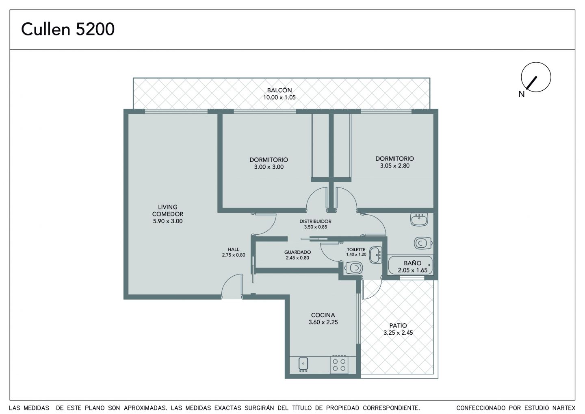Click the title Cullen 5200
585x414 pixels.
(x=68, y=29)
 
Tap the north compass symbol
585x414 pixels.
(x=535, y=77)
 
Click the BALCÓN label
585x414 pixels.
(x=279, y=90)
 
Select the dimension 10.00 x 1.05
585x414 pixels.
(x=279, y=98)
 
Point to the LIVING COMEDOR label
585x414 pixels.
(x=168, y=210)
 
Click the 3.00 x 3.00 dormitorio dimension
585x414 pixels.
(x=269, y=167)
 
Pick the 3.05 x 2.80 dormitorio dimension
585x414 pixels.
(x=394, y=166)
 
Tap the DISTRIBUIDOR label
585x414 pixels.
(x=316, y=221)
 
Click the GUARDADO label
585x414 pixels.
(x=297, y=252)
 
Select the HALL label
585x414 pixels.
(x=233, y=249)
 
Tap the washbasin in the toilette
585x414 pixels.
(x=376, y=255)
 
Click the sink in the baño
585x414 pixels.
(x=419, y=219)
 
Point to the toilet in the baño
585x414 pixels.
(x=422, y=243)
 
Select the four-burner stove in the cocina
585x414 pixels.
(x=339, y=365)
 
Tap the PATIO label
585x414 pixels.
(x=398, y=326)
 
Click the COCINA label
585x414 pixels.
(x=323, y=315)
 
